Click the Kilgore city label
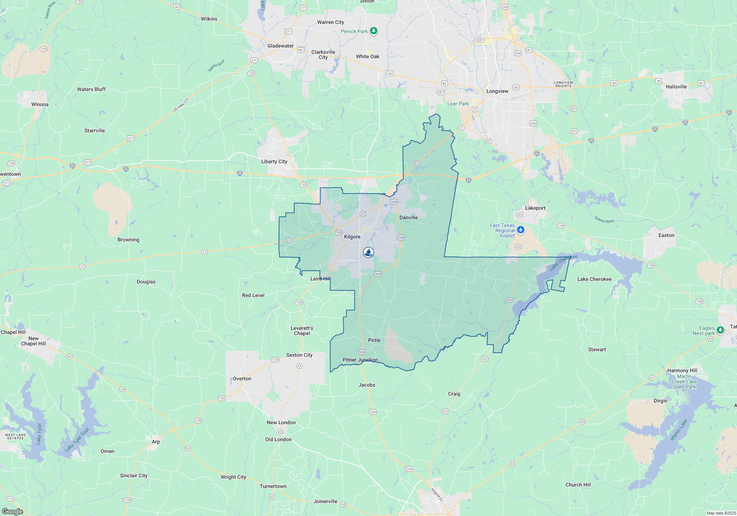pyautogui.click(x=352, y=237)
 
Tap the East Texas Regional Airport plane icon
pyautogui.click(x=520, y=230)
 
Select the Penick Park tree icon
pyautogui.click(x=374, y=31)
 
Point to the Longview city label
pyautogui.click(x=497, y=91)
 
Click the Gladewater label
pyautogui.click(x=280, y=46)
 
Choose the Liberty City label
pyautogui.click(x=274, y=161)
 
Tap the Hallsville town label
pyautogui.click(x=676, y=87)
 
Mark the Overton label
pyautogui.click(x=242, y=379)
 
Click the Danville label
pyautogui.click(x=408, y=217)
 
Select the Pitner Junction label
pyautogui.click(x=360, y=360)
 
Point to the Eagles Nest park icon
pyautogui.click(x=720, y=330)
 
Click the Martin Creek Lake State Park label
pyautogui.click(x=684, y=381)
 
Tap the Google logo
pyautogui.click(x=13, y=511)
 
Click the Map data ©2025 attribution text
pyautogui.click(x=721, y=513)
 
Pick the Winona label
pyautogui.click(x=40, y=104)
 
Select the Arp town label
pyautogui.click(x=156, y=442)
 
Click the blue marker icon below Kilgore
pyautogui.click(x=368, y=252)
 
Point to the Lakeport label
pyautogui.click(x=535, y=208)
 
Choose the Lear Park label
pyautogui.click(x=458, y=104)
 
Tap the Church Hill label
pyautogui.click(x=578, y=485)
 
